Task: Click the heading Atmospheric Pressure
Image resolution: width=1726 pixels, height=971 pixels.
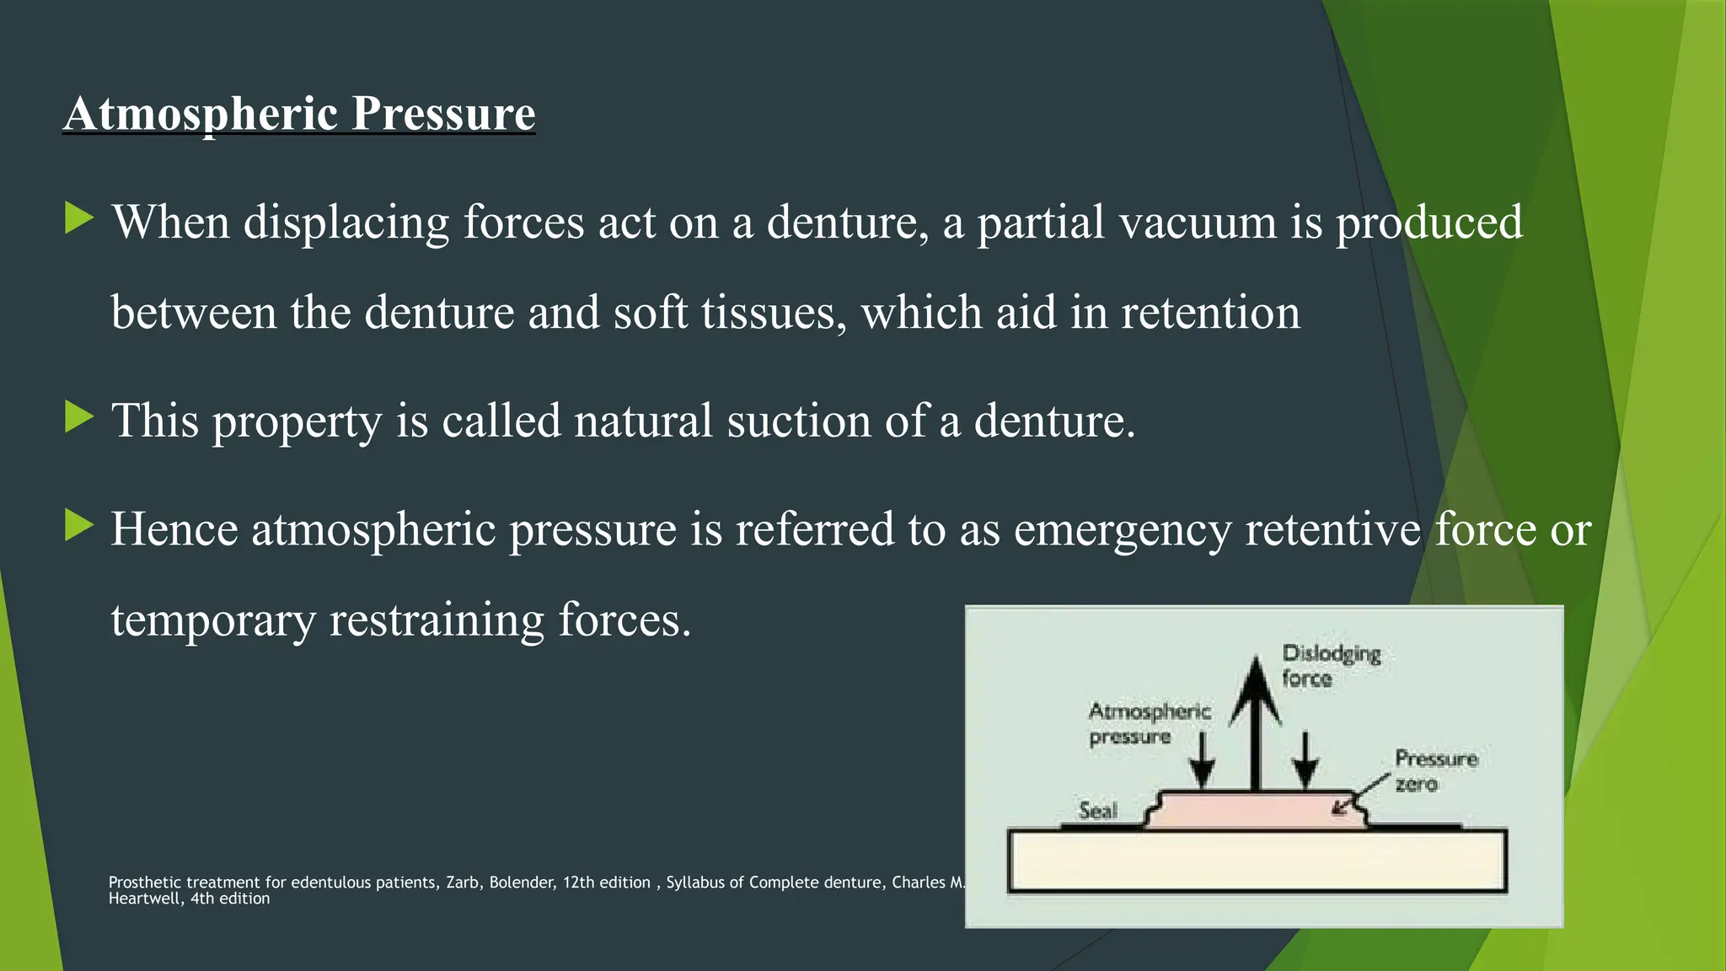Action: pyautogui.click(x=299, y=113)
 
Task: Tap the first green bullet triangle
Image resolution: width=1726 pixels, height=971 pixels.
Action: pyautogui.click(x=78, y=218)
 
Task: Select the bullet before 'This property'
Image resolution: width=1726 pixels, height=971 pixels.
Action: pyautogui.click(x=78, y=417)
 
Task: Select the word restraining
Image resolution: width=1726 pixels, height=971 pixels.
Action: pyautogui.click(x=437, y=620)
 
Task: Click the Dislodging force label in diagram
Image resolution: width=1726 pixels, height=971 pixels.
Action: pyautogui.click(x=1330, y=666)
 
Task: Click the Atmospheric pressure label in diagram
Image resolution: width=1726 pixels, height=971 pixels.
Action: pyautogui.click(x=1149, y=723)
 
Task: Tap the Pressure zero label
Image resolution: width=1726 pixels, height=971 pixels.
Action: pyautogui.click(x=1435, y=770)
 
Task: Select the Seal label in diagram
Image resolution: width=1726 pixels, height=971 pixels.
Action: pyautogui.click(x=1097, y=810)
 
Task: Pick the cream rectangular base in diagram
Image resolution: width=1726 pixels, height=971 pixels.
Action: pyautogui.click(x=1256, y=861)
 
